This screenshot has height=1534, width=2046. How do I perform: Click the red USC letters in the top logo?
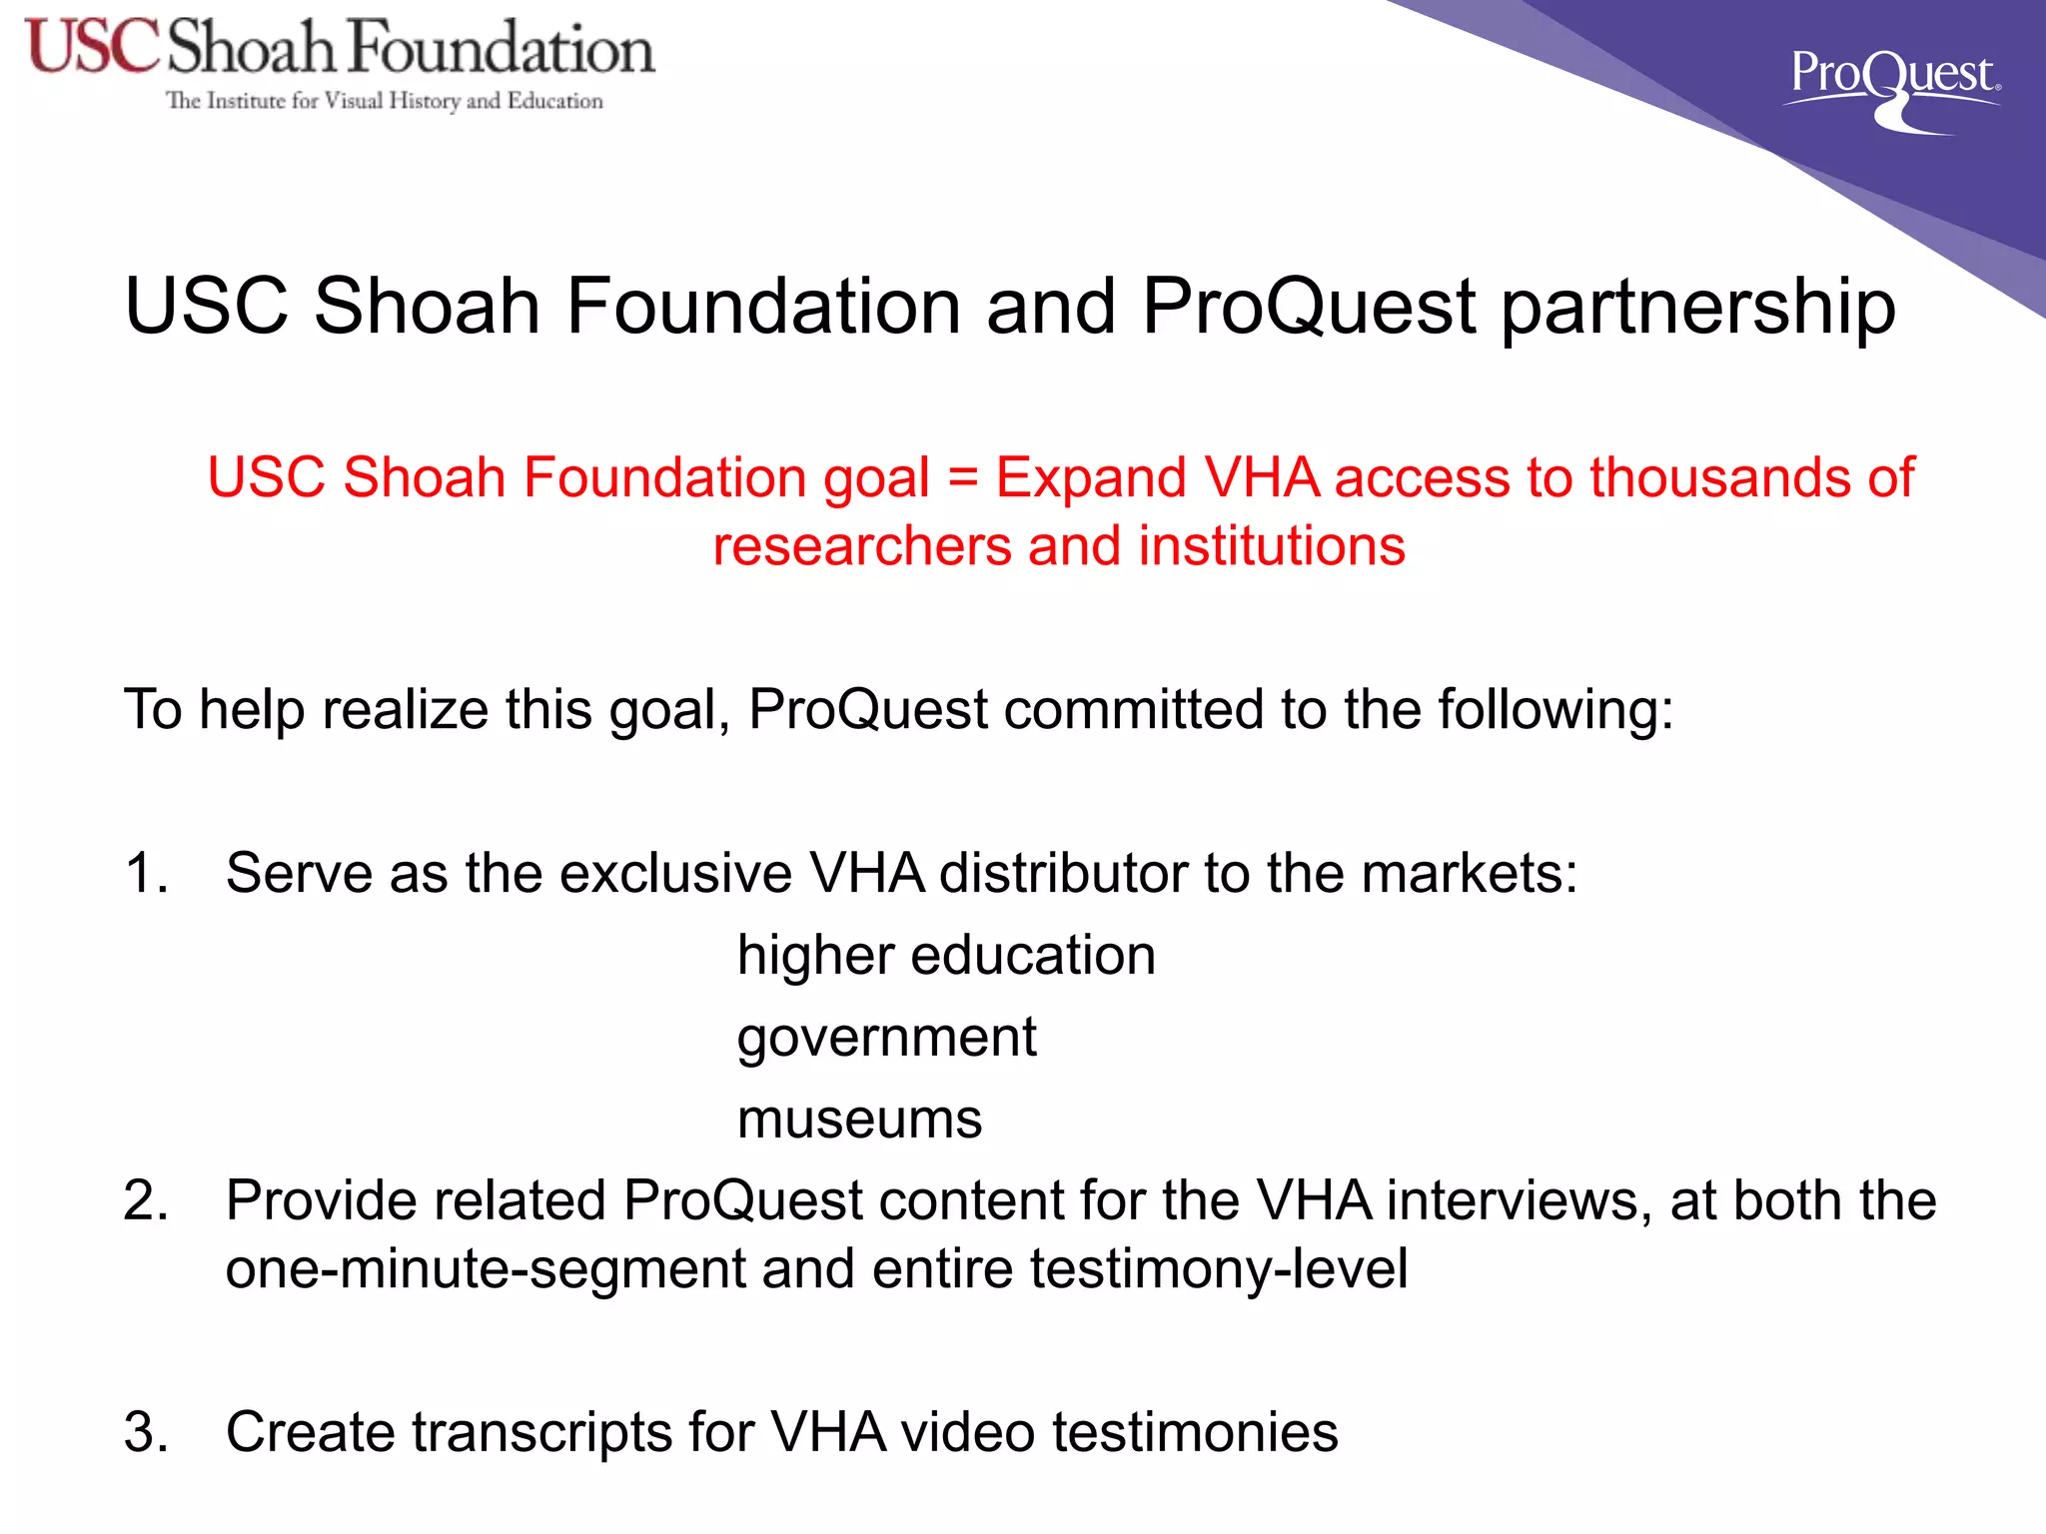(x=92, y=47)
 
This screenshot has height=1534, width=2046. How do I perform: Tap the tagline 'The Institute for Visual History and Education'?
(x=384, y=101)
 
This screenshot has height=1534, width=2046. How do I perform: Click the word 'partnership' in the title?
(x=1697, y=307)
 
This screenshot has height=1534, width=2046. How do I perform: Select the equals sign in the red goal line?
(x=962, y=477)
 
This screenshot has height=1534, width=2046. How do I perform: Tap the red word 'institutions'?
(x=1272, y=546)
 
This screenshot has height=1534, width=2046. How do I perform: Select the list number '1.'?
(x=146, y=873)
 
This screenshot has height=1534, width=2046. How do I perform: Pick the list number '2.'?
(x=146, y=1200)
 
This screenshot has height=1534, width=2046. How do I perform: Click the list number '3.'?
(x=146, y=1432)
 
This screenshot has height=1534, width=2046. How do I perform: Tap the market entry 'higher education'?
(x=946, y=956)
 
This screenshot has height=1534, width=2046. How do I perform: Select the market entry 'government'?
(x=886, y=1039)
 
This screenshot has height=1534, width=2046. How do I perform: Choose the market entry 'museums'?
(x=859, y=1120)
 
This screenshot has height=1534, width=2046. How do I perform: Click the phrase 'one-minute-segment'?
(x=486, y=1269)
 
